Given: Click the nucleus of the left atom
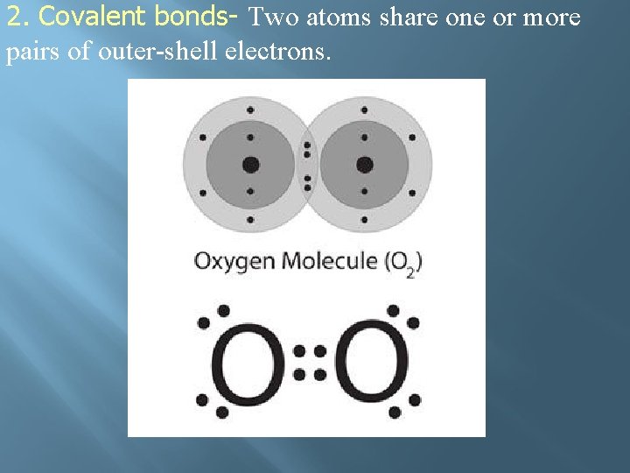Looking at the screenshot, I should click(x=251, y=164).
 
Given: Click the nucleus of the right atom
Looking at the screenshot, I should click(x=365, y=164).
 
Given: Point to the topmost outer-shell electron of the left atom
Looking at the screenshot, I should click(x=250, y=110).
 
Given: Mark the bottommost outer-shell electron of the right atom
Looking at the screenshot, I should click(x=365, y=219).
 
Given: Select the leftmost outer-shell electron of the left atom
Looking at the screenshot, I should click(x=203, y=138).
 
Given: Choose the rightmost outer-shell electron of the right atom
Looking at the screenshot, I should click(x=412, y=138).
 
